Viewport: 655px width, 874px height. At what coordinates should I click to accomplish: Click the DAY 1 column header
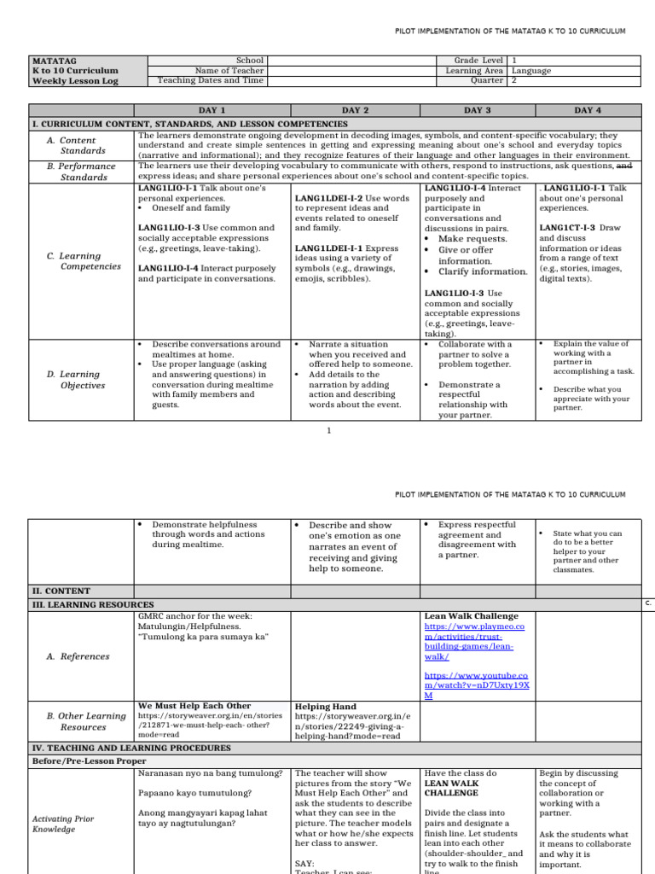click(212, 111)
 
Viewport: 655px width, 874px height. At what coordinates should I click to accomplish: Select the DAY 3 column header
click(477, 111)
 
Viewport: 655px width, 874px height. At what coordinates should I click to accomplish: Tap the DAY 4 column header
click(588, 111)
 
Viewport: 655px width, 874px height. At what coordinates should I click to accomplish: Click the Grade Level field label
click(479, 61)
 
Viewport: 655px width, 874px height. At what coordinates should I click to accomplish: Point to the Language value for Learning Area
click(531, 71)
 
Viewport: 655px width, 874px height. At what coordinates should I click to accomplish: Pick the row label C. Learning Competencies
click(84, 261)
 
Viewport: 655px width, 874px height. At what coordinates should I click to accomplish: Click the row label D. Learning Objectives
click(84, 380)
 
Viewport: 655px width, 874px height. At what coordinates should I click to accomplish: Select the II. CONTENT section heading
click(61, 591)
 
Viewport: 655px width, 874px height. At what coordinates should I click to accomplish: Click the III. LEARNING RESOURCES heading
click(93, 604)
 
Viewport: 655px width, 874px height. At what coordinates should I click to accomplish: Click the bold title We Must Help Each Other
click(194, 706)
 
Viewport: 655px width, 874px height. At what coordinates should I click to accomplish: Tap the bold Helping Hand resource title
click(326, 707)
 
